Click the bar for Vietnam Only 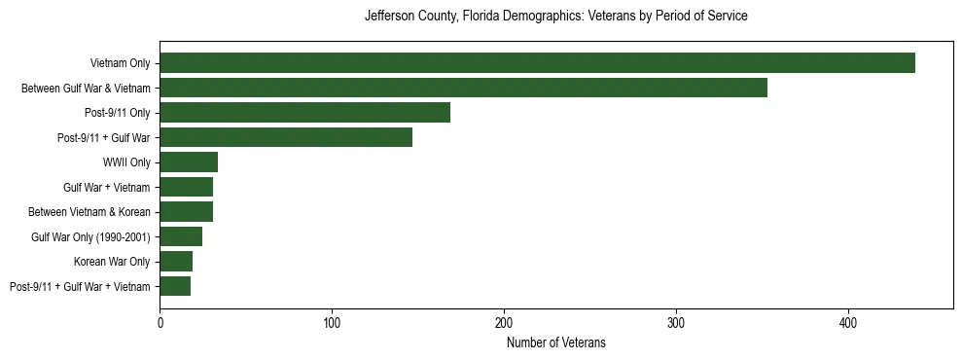(x=537, y=63)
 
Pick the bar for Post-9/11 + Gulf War (x=286, y=137)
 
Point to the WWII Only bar (x=189, y=162)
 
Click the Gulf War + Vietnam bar (x=186, y=187)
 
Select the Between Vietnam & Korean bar (x=186, y=211)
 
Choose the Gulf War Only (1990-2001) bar (x=181, y=236)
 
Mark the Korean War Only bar (x=176, y=261)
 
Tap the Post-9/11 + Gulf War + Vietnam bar (x=175, y=286)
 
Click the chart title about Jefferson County (x=555, y=17)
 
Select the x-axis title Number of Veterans (x=555, y=342)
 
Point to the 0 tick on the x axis (x=160, y=320)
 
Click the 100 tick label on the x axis (x=332, y=320)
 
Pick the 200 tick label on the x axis (x=504, y=320)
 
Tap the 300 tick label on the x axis (x=676, y=320)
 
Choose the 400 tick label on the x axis (x=848, y=320)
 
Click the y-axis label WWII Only (x=126, y=162)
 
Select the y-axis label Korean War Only (x=112, y=262)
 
